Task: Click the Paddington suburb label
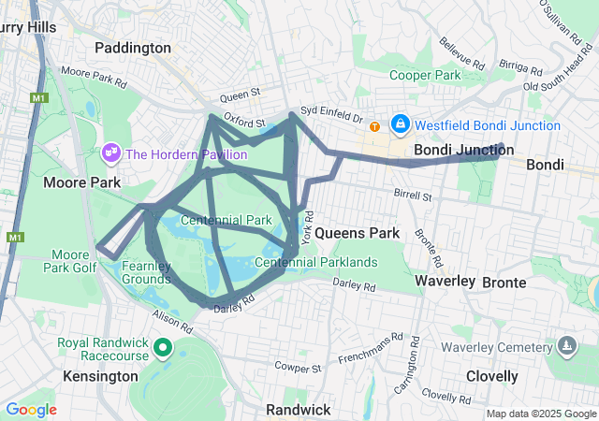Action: pyautogui.click(x=133, y=47)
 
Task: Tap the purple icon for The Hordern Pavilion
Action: pyautogui.click(x=110, y=152)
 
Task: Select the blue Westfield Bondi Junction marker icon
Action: pyautogui.click(x=400, y=123)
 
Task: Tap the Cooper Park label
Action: pyautogui.click(x=425, y=75)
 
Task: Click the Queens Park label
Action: pyautogui.click(x=358, y=232)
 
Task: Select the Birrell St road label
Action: pyautogui.click(x=412, y=196)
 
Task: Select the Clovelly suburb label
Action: pyautogui.click(x=491, y=376)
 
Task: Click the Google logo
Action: pyautogui.click(x=31, y=409)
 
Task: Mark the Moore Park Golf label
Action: pyautogui.click(x=70, y=261)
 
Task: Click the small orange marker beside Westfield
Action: pyautogui.click(x=374, y=126)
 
